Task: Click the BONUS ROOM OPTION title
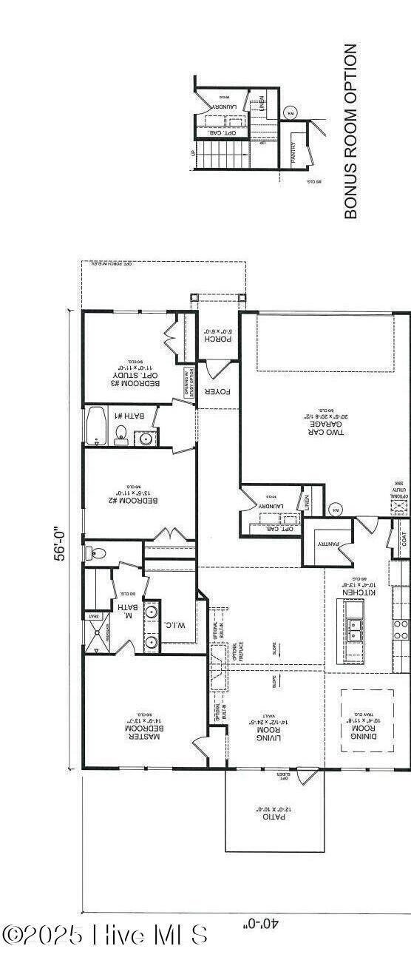click(351, 131)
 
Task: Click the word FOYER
click(219, 391)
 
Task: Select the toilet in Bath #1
click(121, 435)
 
